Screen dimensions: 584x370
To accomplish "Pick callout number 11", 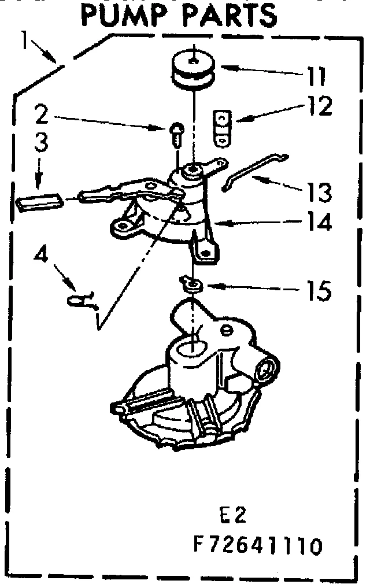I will pos(316,75).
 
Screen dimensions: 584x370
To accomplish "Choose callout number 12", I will pos(318,106).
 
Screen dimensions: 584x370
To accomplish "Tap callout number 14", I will pos(318,222).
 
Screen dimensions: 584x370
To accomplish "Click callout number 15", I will pos(318,290).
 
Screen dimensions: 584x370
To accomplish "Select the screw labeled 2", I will pos(176,134).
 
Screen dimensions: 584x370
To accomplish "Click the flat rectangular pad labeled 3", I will pos(39,202).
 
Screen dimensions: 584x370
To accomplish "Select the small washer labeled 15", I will pos(190,283).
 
